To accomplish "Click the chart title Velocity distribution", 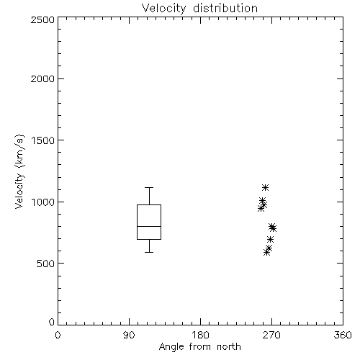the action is coord(199,9).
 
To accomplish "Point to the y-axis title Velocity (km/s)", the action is coord(19,171).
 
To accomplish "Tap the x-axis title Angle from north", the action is coord(199,347).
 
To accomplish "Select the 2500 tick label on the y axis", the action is coord(42,19).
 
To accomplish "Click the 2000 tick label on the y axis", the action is coord(42,78).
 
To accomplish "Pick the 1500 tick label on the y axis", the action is coord(43,140).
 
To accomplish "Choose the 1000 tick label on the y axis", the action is coord(43,202).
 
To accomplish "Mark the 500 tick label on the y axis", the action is coord(46,264).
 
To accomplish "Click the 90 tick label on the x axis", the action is coord(129,335).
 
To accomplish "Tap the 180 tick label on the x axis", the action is coord(199,335).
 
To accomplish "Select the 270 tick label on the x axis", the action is coord(271,335).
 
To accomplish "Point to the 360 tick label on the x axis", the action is coord(343,335).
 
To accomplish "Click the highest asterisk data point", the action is coord(265,187).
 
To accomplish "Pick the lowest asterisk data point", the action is coord(266,252).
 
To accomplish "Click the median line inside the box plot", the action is coord(149,226).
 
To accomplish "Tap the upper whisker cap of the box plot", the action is coord(149,187).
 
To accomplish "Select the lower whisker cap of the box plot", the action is coord(149,252).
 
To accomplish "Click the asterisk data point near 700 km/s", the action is coord(270,239).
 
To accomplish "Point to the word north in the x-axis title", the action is coord(229,347).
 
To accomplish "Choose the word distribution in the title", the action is coord(225,9).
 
